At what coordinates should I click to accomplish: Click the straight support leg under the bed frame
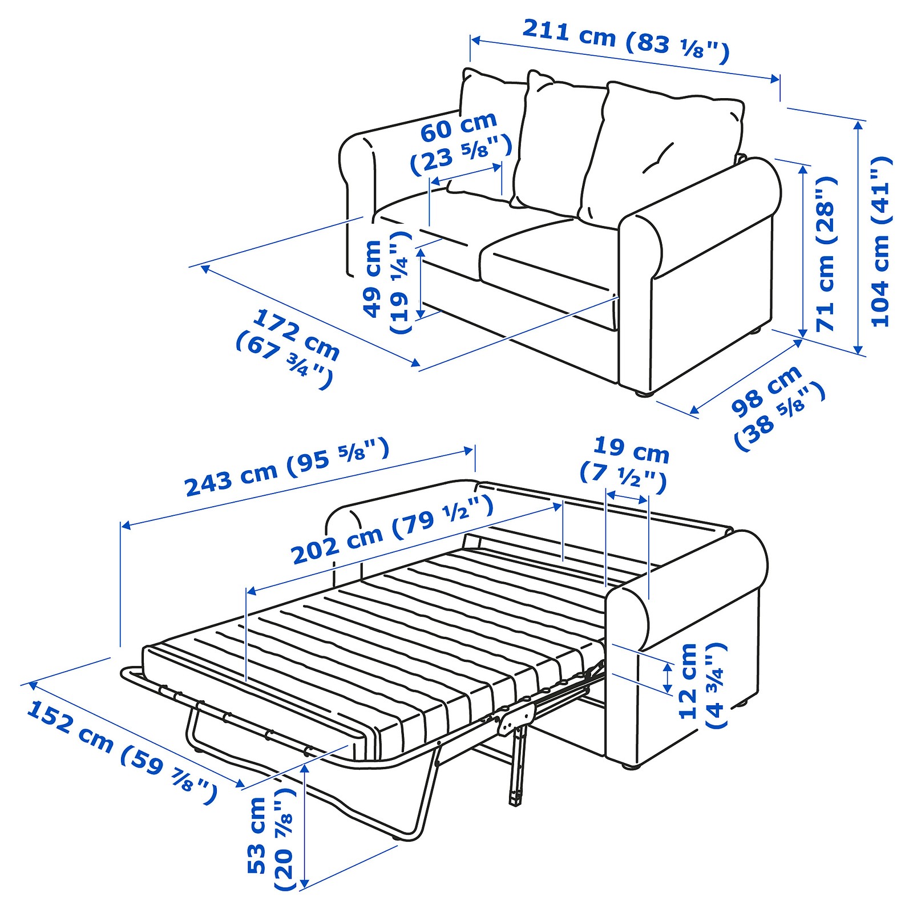[517, 767]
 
